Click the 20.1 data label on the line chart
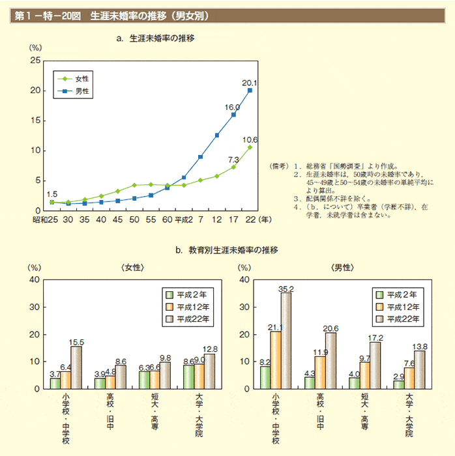[x=249, y=83]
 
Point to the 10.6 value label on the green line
[x=250, y=139]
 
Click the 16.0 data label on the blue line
[x=232, y=107]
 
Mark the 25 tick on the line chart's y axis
[x=36, y=61]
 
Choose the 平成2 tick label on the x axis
[x=184, y=221]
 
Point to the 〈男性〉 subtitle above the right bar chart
[x=343, y=267]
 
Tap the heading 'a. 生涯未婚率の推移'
[x=154, y=38]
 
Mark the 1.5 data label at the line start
[x=52, y=193]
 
